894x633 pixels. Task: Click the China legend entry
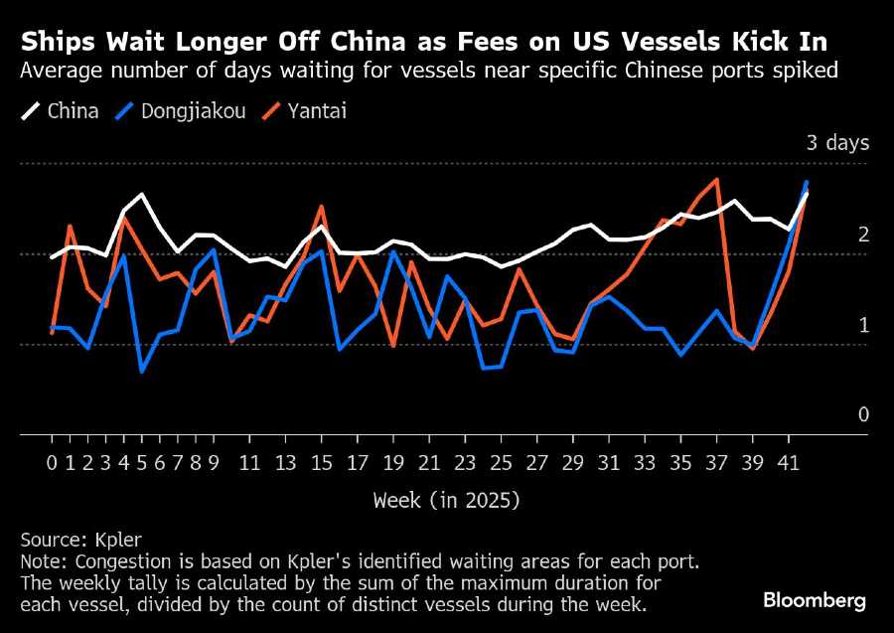[60, 110]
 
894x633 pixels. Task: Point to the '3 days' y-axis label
[837, 143]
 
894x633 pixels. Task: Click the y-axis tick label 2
[863, 235]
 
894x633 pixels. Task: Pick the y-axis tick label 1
[863, 325]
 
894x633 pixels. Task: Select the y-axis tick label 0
[863, 414]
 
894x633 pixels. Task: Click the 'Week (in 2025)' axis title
[446, 500]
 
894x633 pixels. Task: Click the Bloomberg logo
[815, 600]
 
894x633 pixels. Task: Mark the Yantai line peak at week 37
[716, 179]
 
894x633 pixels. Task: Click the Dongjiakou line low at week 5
[142, 372]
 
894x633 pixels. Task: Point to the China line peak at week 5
[142, 194]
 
